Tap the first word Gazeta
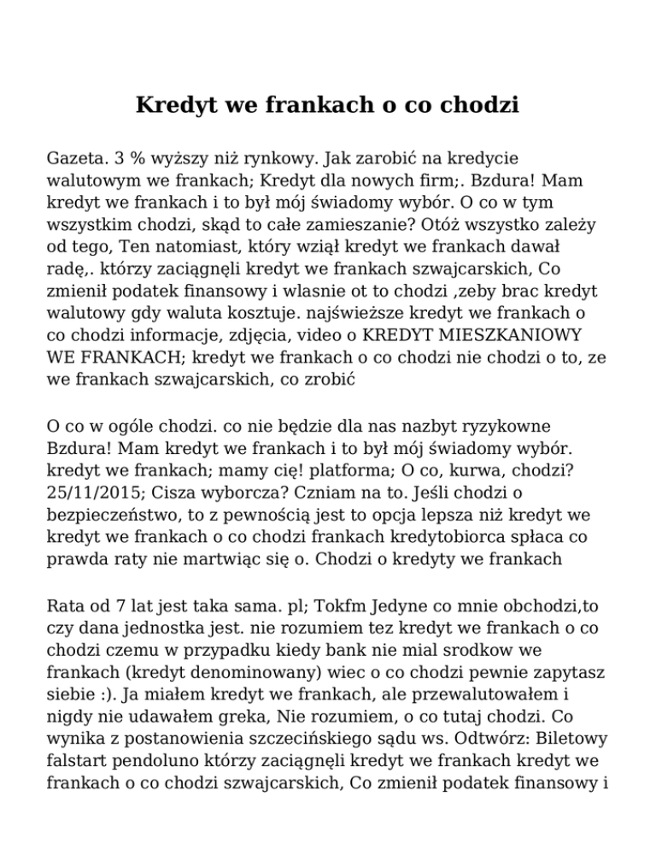click(76, 160)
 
